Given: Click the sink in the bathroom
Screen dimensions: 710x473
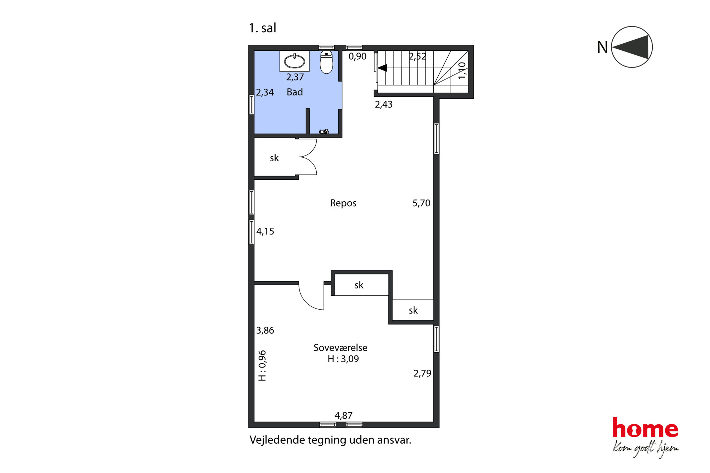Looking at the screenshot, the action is pos(295,61).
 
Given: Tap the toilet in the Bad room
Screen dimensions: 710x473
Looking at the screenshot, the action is pos(326,62).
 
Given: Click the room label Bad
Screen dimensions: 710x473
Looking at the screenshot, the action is pos(295,92).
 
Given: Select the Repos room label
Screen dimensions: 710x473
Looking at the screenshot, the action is pos(343,203).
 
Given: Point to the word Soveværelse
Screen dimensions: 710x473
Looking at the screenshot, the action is pos(340,348).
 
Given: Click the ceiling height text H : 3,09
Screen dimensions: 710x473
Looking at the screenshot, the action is pos(343,359).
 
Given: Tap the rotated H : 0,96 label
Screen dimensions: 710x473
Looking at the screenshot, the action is pos(262,365).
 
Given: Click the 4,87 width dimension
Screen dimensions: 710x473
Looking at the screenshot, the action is pos(344,415).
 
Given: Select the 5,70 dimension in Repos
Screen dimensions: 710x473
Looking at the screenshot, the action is pos(422,203).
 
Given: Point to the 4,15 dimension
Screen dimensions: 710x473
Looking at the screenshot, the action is pos(265,231).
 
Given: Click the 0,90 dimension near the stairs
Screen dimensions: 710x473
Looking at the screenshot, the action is pos(358,56).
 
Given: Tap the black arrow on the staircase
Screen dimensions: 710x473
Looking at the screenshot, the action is pos(382,68).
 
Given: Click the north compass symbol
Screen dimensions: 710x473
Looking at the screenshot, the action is pos(632,47).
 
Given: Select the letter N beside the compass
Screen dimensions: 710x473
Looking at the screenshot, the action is pos(603,47).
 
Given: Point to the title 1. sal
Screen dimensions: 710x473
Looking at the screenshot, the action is pos(262,28).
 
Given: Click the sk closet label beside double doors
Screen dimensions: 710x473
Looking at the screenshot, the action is pos(274,158).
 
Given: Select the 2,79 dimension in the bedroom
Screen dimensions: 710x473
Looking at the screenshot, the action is pos(422,373).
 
